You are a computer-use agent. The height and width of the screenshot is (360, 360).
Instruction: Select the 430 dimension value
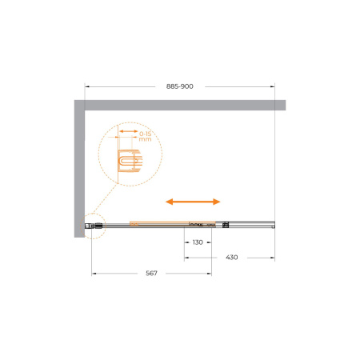231,258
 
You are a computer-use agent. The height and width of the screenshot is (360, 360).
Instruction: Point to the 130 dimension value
198,242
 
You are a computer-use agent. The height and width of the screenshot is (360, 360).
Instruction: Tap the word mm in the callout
145,139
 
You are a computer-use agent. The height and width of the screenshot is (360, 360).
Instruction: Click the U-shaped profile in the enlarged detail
129,162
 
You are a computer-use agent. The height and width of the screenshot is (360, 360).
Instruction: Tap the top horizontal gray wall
184,106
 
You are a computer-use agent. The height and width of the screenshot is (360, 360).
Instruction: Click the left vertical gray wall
80,168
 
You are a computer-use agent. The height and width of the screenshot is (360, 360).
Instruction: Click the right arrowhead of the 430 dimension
273,258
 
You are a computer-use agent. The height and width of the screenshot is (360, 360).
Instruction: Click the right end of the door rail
274,226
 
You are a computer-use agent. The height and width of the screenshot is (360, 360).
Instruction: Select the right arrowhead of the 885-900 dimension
273,86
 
